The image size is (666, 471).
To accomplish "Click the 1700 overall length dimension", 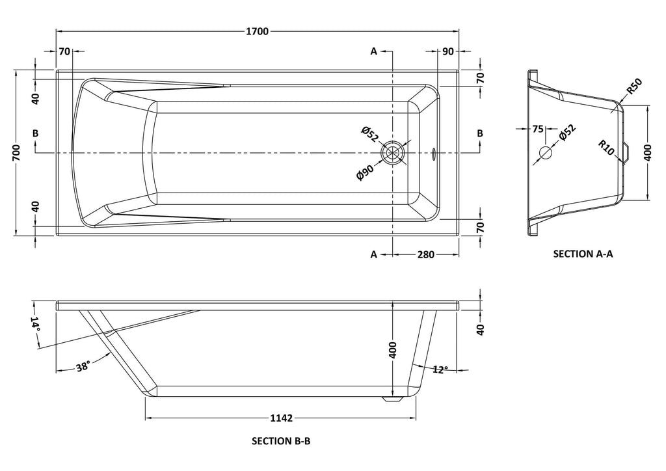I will (x=257, y=31).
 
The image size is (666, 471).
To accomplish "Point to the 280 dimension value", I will (x=425, y=254).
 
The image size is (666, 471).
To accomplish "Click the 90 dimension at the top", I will (x=447, y=51).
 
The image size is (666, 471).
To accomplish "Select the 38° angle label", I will (x=83, y=367).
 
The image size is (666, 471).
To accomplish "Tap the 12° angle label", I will (x=440, y=370).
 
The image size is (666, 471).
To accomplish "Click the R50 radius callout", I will (x=634, y=86).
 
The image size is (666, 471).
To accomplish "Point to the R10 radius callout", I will (x=606, y=147).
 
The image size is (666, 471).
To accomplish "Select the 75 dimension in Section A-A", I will (x=538, y=129).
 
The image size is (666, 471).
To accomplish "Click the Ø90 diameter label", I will (x=366, y=173).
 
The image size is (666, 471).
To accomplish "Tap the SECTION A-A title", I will (x=583, y=254).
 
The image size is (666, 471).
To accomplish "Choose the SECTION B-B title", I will (x=281, y=440).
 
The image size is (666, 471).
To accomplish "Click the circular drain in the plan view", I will (x=393, y=153).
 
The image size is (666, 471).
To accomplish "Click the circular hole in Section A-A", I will (x=546, y=154).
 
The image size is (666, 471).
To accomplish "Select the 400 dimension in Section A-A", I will (x=647, y=153).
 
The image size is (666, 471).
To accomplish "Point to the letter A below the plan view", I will (x=374, y=254).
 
